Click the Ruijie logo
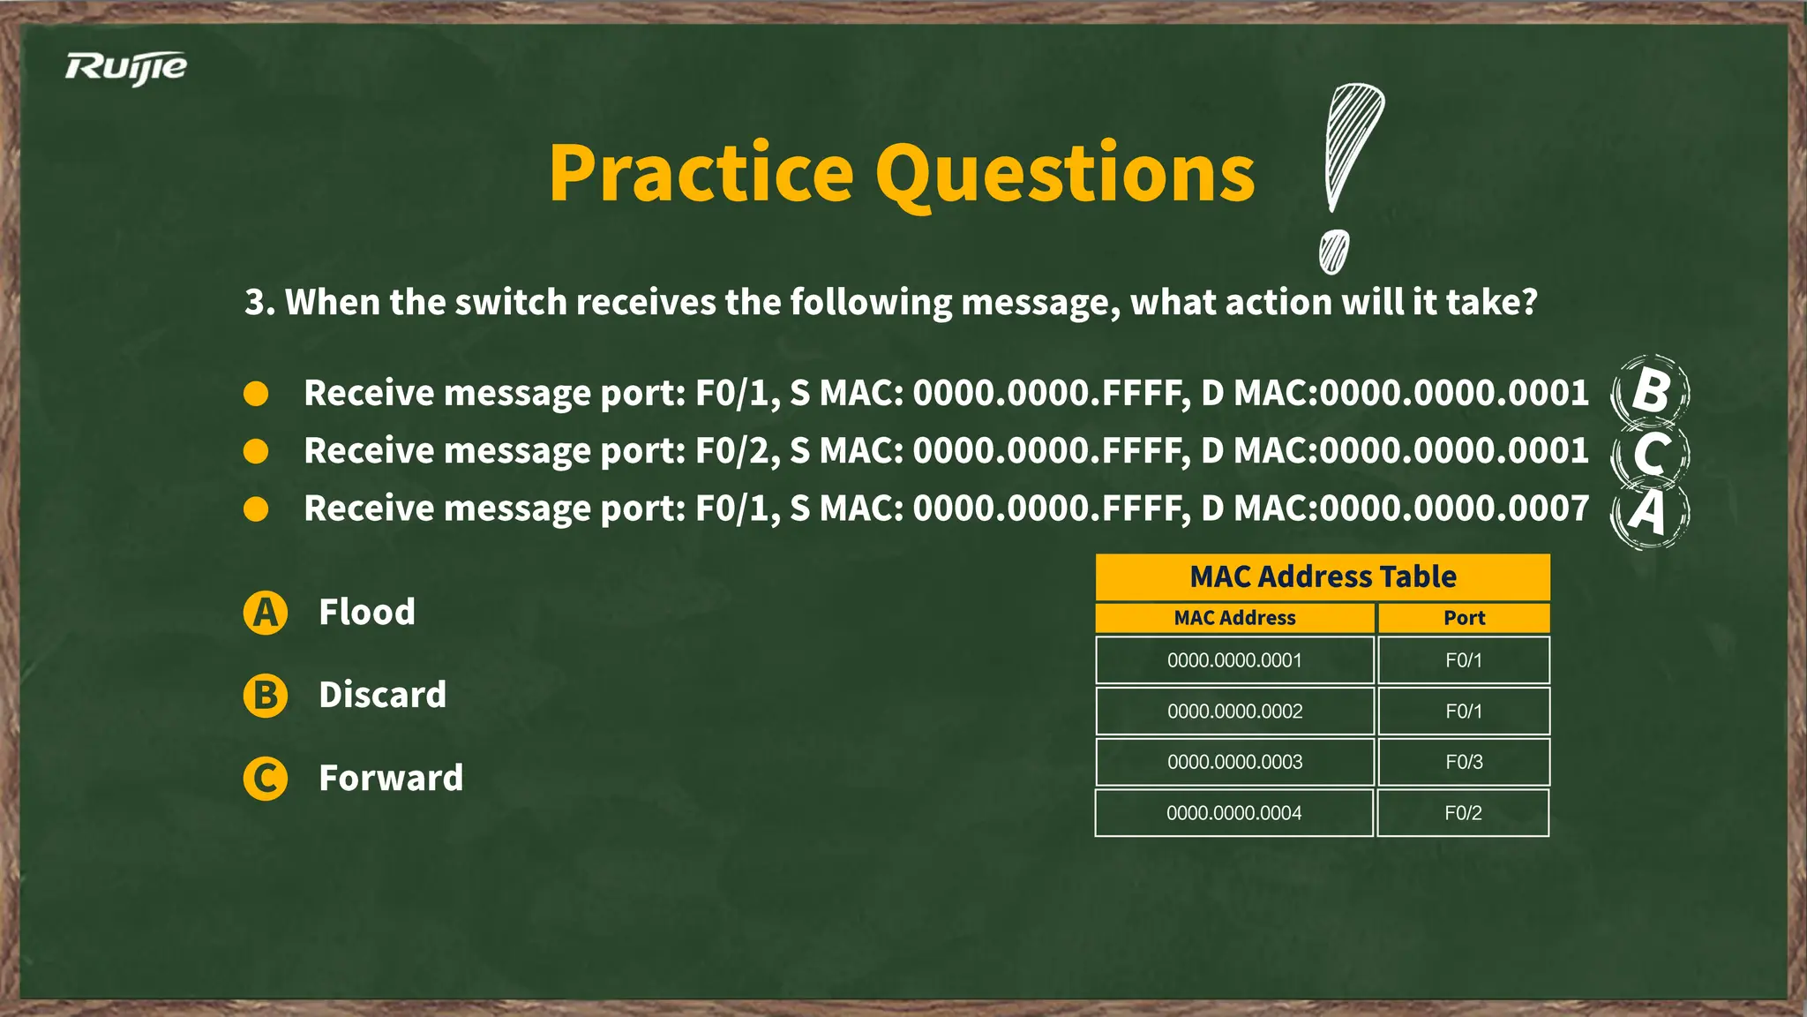[125, 68]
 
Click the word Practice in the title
[701, 174]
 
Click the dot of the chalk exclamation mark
[1333, 252]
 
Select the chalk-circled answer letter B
[1650, 391]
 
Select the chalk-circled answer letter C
[1650, 453]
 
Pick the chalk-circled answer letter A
[1648, 512]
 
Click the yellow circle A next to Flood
[266, 613]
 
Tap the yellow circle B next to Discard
[266, 696]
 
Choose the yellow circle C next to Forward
[266, 779]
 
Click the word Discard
[382, 696]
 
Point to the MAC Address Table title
[1322, 577]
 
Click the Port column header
[1464, 618]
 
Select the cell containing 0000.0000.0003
[1234, 762]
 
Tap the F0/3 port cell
[1464, 762]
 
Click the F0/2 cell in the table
[1463, 813]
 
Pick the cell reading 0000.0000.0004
[1233, 813]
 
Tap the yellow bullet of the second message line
[256, 452]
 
